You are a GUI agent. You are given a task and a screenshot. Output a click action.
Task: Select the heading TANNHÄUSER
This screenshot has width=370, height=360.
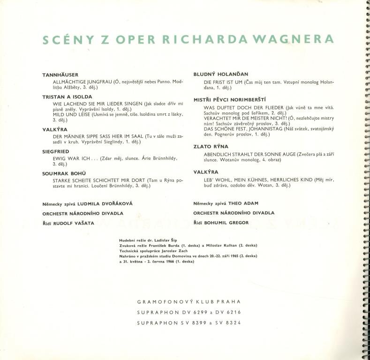(60, 75)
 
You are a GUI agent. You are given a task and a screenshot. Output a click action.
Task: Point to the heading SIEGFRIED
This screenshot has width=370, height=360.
(55, 152)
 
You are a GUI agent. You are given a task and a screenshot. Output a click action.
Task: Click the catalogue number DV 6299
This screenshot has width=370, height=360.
(187, 312)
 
